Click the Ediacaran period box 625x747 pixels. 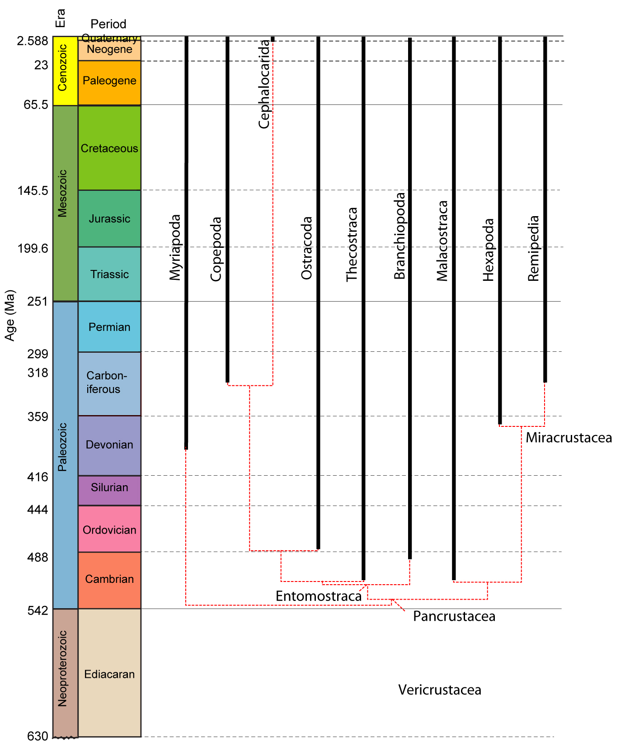109,673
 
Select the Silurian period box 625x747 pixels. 109,490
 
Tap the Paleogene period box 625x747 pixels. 109,83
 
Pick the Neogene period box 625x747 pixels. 109,50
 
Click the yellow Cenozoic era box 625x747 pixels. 66,71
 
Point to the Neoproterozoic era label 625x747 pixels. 62,668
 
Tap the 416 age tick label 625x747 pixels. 38,477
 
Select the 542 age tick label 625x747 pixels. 38,610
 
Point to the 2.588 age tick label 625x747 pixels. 33,41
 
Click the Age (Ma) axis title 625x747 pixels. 10,315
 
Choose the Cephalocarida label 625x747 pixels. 264,84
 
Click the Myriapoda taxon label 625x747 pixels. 175,247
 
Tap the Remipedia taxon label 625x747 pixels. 534,248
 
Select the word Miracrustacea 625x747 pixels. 569,438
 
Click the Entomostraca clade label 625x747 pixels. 319,596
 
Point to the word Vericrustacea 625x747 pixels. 440,690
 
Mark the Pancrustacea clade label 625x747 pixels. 454,616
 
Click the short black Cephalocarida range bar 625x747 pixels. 273,39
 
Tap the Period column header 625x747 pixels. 108,24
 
